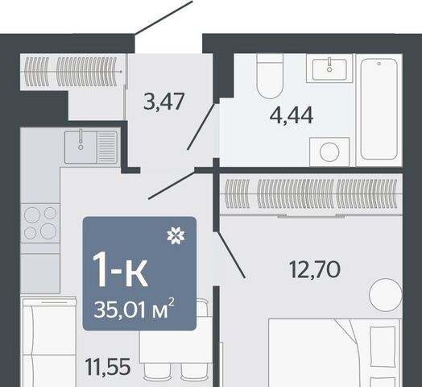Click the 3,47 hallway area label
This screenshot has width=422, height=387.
click(163, 102)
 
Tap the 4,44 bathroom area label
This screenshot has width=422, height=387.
click(292, 115)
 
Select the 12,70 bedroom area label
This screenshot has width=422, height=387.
click(315, 269)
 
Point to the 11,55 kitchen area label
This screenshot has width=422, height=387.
click(108, 367)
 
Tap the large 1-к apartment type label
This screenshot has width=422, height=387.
click(120, 270)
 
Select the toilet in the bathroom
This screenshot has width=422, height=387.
click(270, 76)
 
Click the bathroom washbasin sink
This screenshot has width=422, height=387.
click(329, 69)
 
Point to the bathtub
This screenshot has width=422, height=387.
click(379, 110)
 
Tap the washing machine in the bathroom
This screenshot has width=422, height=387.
click(329, 152)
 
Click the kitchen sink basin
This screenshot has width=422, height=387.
click(81, 147)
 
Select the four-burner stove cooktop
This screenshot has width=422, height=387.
click(40, 223)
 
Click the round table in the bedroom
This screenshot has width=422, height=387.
click(386, 295)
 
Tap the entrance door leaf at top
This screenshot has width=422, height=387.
click(164, 17)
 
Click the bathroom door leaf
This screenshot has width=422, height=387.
click(201, 127)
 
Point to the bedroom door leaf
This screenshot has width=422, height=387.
click(231, 255)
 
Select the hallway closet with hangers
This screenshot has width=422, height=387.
click(72, 72)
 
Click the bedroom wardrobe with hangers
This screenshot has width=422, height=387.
click(311, 194)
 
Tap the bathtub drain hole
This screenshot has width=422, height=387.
click(379, 64)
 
